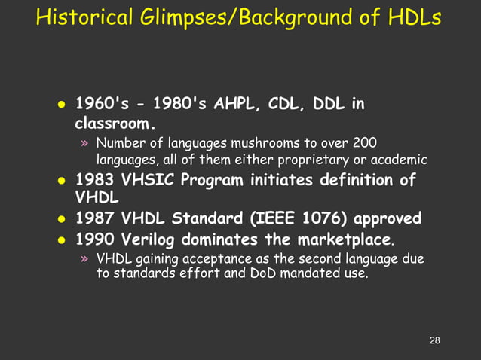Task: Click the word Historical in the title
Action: (x=83, y=17)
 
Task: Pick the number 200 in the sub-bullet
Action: (x=365, y=143)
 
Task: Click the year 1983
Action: (x=95, y=181)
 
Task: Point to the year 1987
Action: (x=95, y=219)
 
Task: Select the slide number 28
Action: (x=434, y=341)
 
